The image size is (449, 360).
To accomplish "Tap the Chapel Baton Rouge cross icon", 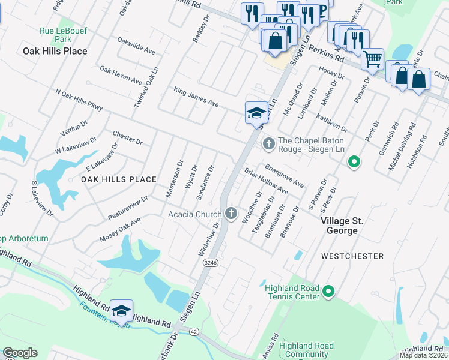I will click(x=268, y=143).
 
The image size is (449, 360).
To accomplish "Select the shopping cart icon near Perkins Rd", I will click(x=372, y=59).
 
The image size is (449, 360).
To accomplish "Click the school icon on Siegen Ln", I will click(x=256, y=113).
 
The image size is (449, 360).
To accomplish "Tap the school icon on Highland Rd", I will click(x=121, y=310).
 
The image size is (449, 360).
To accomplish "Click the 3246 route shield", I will click(x=209, y=262).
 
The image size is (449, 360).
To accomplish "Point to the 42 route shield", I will click(x=193, y=331).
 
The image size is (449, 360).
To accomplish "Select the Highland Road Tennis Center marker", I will click(x=328, y=292).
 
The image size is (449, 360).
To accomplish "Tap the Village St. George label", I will click(x=347, y=226).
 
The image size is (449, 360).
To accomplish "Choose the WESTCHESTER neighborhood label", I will click(x=352, y=256).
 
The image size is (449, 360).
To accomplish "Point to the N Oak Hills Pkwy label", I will click(x=79, y=101).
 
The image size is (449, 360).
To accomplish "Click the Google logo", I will click(x=20, y=353).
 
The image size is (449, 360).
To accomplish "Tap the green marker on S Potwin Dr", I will click(x=354, y=161).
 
